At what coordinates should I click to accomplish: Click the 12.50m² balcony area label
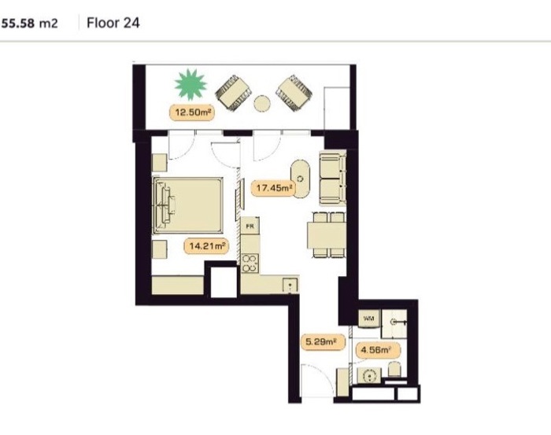[x=192, y=112]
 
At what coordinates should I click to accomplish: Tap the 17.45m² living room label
[x=274, y=188]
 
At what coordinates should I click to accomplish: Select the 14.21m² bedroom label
[x=206, y=245]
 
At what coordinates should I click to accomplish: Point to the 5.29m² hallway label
[x=322, y=341]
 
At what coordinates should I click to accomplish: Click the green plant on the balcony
[x=190, y=84]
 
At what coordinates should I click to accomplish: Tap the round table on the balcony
[x=262, y=104]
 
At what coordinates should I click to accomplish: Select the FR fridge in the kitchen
[x=250, y=226]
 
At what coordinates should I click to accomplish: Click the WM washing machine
[x=369, y=319]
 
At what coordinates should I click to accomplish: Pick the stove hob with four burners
[x=250, y=264]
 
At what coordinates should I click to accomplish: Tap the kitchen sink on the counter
[x=290, y=285]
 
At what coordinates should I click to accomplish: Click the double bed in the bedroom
[x=188, y=205]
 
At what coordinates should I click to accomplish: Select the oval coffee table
[x=301, y=179]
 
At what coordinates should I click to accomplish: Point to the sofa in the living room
[x=333, y=178]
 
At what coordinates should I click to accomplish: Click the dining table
[x=327, y=235]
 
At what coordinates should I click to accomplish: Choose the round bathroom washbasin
[x=369, y=376]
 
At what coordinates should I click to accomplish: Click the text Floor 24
[x=113, y=23]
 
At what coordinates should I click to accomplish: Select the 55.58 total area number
[x=18, y=24]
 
